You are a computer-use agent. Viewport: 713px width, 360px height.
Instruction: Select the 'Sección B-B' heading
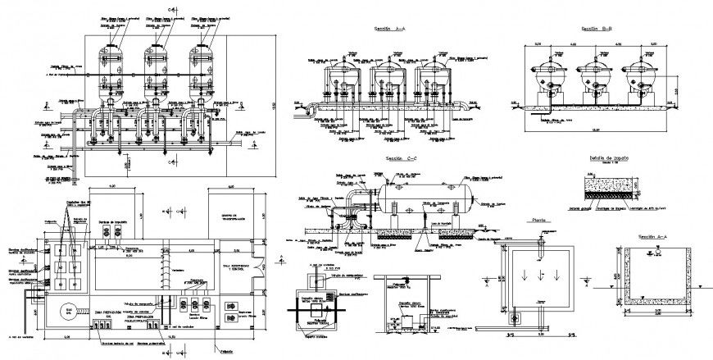coord(598,28)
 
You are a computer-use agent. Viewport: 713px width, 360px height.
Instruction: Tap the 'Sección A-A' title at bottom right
coord(653,236)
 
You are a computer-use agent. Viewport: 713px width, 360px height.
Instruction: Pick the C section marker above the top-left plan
coord(170,9)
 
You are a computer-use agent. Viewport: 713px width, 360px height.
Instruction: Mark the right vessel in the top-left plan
coord(202,62)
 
